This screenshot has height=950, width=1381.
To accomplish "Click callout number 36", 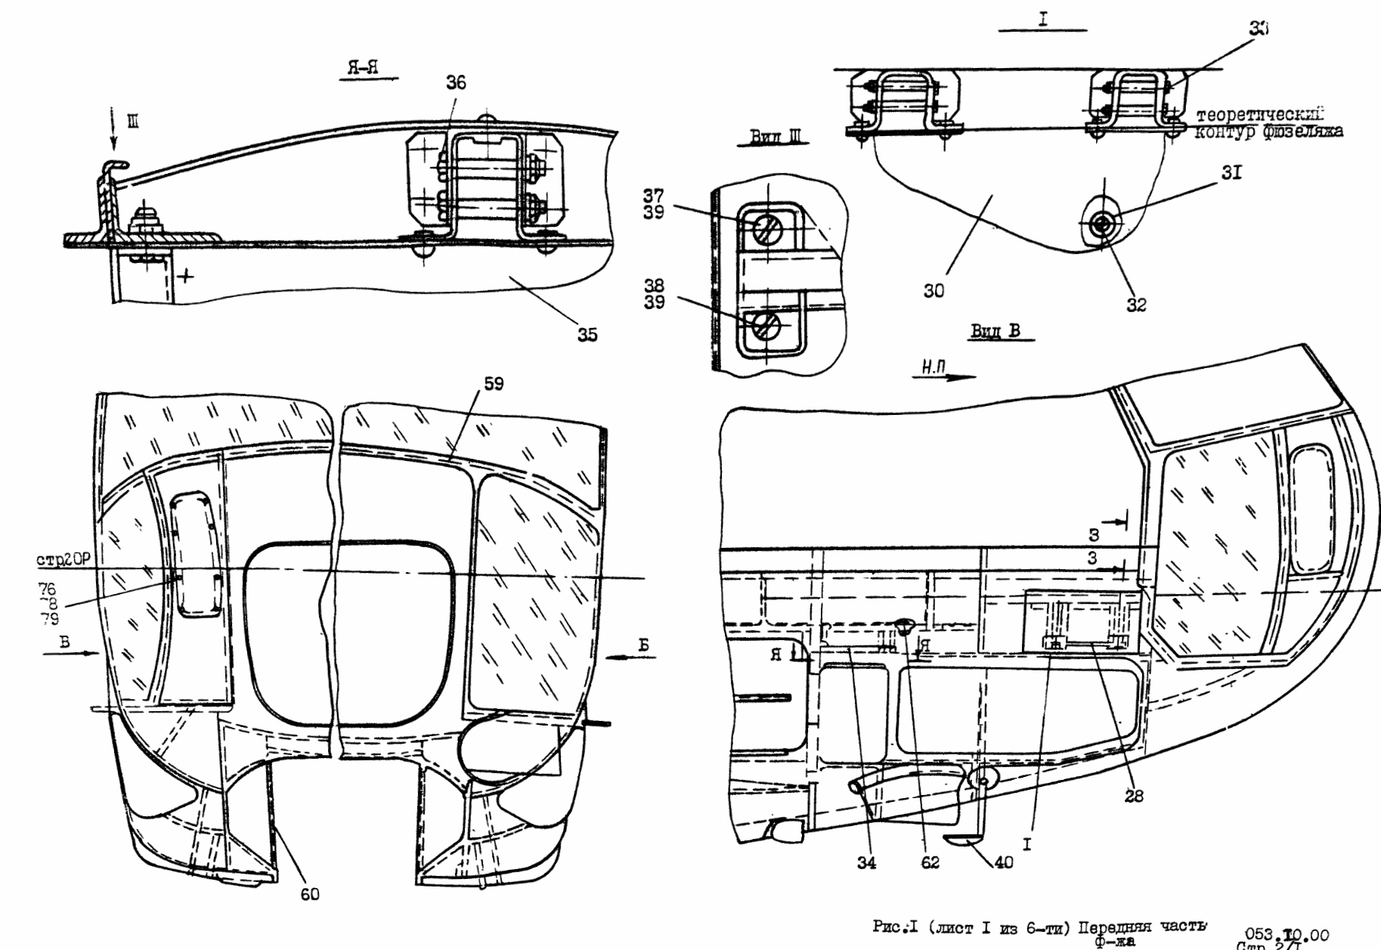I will click(456, 84).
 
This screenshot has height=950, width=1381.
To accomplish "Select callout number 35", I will click(587, 334).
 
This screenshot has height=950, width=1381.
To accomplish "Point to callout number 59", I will click(494, 384).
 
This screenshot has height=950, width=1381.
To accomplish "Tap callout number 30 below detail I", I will click(934, 291).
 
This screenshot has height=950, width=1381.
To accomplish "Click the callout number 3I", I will click(1231, 173).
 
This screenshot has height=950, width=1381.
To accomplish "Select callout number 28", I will click(1134, 795).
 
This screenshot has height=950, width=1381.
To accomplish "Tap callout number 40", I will click(1003, 862).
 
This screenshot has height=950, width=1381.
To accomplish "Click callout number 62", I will click(930, 862).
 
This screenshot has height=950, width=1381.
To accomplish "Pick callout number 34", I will click(866, 862).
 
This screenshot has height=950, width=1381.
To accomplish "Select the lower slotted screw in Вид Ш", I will click(765, 326).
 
